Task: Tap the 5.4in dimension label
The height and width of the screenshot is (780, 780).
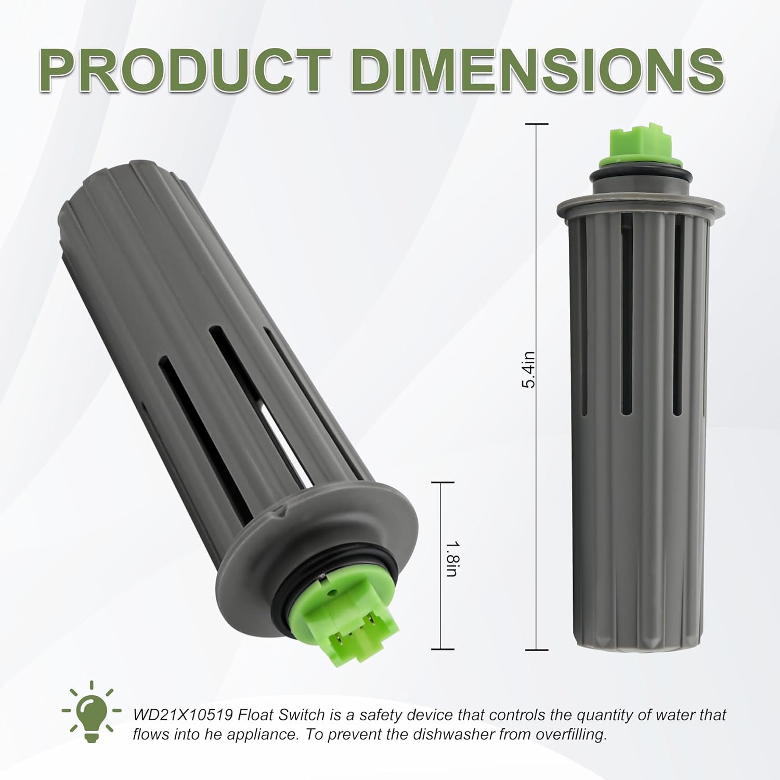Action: pos(528,370)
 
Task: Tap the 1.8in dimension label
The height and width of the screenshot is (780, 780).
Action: pos(451,558)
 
